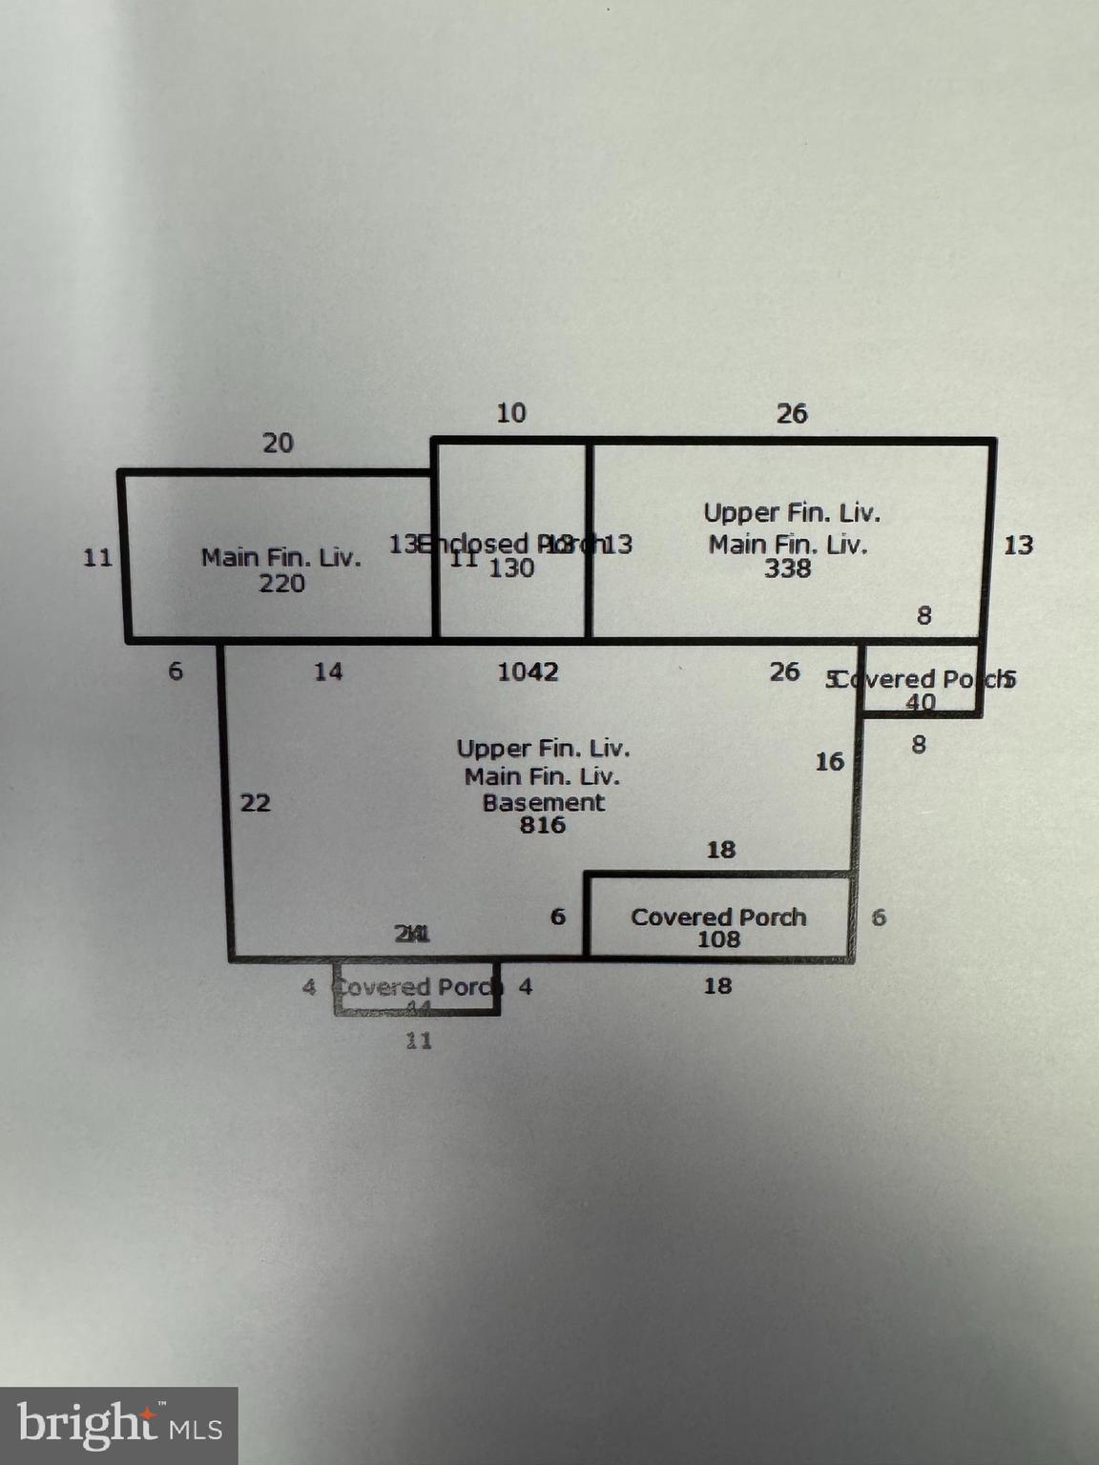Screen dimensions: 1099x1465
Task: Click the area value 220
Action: [x=281, y=583]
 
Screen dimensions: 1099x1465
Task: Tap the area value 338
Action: [x=787, y=568]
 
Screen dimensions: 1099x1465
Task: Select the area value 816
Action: [x=543, y=825]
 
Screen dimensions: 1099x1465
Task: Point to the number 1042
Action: [x=528, y=671]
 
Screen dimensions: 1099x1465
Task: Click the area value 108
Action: [x=718, y=939]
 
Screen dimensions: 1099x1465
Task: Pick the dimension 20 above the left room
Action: [x=278, y=443]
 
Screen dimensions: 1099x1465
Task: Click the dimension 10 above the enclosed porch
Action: [x=511, y=413]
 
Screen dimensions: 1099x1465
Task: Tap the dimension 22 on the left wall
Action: [x=255, y=802]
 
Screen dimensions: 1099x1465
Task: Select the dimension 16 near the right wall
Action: [x=829, y=761]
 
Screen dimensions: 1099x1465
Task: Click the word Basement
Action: [x=543, y=802]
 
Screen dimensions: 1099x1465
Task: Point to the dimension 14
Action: [x=328, y=671]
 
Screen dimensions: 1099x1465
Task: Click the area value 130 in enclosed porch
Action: [x=511, y=568]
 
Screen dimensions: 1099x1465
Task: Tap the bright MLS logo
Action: [x=119, y=1426]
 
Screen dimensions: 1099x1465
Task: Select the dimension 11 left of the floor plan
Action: [x=97, y=557]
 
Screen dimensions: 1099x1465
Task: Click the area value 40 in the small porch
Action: [x=920, y=703]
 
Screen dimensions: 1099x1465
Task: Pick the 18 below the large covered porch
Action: [x=717, y=985]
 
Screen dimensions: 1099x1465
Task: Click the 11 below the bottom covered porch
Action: [x=419, y=1041]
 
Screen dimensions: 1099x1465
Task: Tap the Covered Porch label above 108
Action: [x=718, y=917]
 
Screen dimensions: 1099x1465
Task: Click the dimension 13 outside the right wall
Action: [x=1018, y=545]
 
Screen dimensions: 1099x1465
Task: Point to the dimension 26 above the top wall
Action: [x=792, y=413]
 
